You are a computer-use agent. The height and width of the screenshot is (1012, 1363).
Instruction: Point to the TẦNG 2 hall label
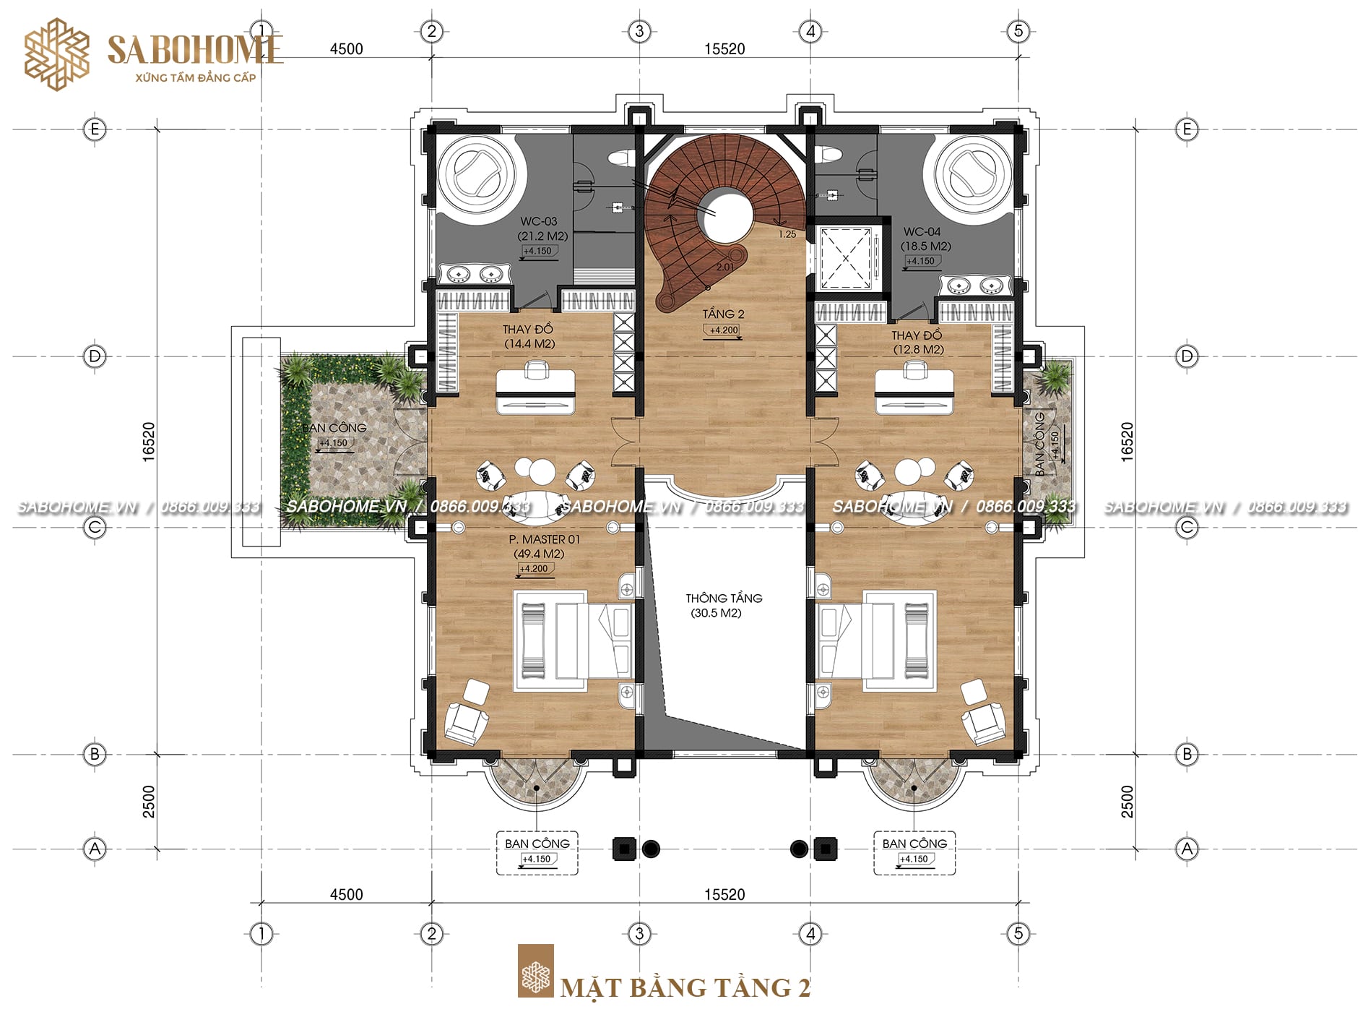(723, 314)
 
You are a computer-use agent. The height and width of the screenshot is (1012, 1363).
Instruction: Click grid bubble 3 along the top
(639, 31)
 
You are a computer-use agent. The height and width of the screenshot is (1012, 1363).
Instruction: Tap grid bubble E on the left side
(95, 129)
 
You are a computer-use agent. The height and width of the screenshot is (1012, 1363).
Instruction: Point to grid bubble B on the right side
(1187, 755)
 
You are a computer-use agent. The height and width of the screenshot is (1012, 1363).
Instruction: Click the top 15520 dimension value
(724, 49)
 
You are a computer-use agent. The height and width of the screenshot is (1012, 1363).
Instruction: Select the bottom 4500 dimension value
(346, 894)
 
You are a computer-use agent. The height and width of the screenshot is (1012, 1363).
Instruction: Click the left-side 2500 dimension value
(149, 802)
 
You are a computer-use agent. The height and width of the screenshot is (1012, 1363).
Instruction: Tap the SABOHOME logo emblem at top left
(57, 55)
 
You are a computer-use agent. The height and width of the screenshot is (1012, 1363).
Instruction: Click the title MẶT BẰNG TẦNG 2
(685, 987)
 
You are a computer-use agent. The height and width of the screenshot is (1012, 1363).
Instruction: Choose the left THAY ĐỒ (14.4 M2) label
(529, 336)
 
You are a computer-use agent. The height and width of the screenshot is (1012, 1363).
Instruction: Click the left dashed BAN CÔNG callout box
(537, 853)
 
